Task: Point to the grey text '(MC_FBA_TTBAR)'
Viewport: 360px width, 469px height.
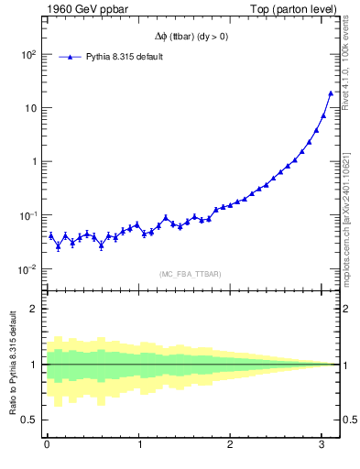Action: pos(191,274)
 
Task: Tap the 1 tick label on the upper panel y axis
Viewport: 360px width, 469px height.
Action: pos(33,162)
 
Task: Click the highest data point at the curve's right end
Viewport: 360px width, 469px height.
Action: pos(331,93)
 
